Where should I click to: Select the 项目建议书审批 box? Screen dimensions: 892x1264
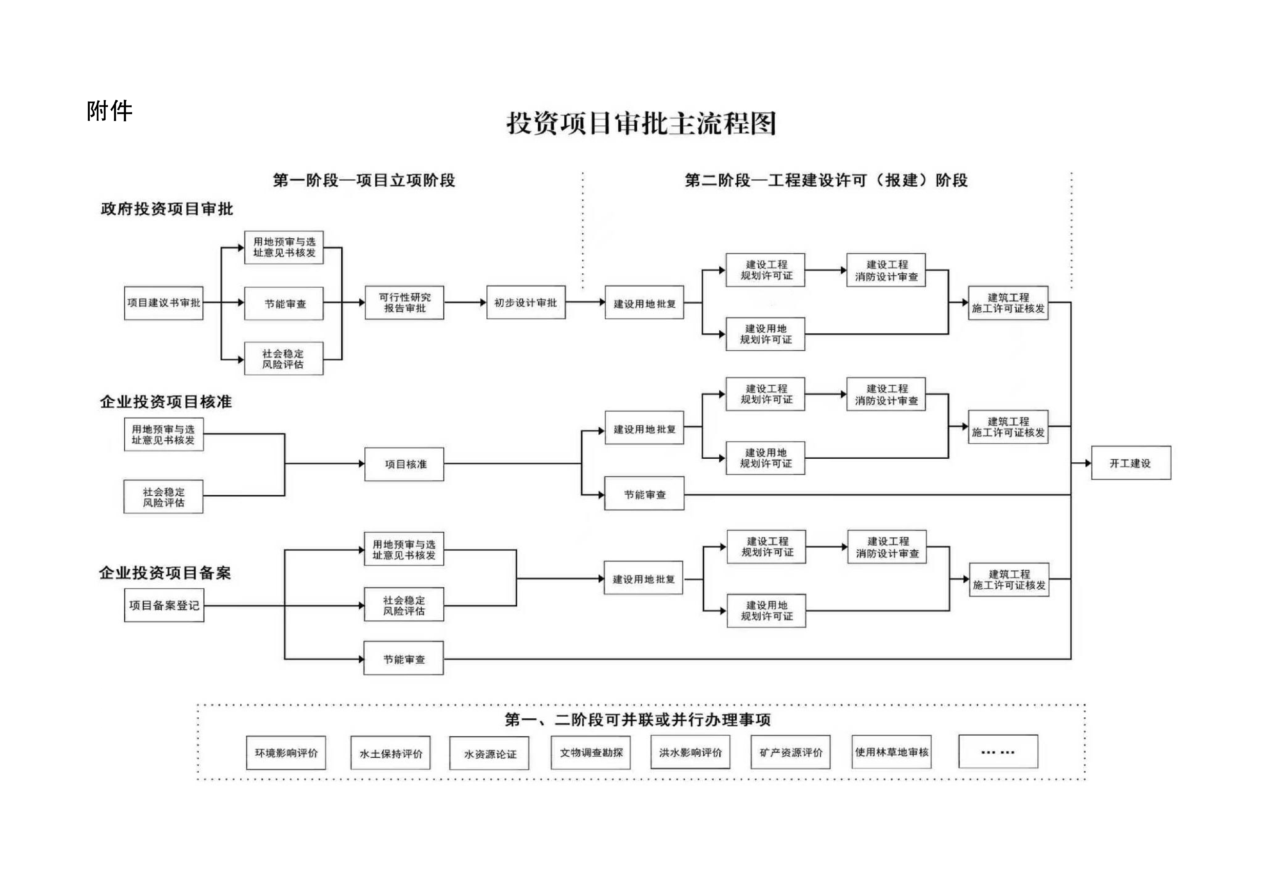point(163,303)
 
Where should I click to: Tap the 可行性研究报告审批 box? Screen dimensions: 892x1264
point(405,303)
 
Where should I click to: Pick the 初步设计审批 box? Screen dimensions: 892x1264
point(526,303)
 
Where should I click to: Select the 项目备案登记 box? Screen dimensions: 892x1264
point(164,605)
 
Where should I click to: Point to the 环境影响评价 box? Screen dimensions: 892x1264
point(286,753)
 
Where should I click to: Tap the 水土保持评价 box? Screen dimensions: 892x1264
point(391,753)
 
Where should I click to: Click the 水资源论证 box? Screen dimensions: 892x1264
point(489,754)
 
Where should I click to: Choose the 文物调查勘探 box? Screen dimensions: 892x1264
point(591,752)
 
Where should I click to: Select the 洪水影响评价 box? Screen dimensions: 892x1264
point(690,752)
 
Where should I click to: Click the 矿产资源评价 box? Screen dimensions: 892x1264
point(791,752)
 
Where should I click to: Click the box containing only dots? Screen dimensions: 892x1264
point(998,752)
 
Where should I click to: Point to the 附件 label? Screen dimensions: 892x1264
point(110,111)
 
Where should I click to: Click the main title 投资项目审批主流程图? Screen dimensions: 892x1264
point(641,123)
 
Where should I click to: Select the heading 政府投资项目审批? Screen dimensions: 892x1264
point(167,209)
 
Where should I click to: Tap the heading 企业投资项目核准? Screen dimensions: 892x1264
point(166,402)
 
